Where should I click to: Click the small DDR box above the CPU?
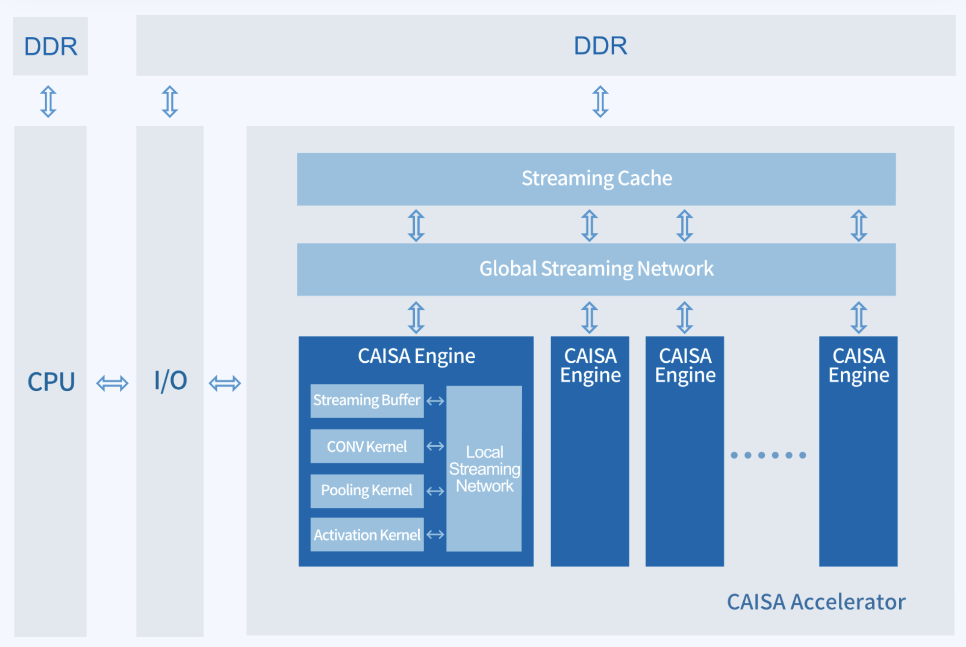pos(51,46)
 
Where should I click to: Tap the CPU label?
pos(51,382)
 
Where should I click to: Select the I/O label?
pos(170,381)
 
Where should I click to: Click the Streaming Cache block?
pos(596,179)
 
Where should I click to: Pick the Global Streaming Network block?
pos(596,269)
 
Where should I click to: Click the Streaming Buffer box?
pos(367,401)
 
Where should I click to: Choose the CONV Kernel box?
pos(367,446)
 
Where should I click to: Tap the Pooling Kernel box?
pos(367,490)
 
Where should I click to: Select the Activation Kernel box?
pos(367,535)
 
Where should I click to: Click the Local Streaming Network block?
pos(484,469)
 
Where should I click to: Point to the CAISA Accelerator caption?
pos(816,602)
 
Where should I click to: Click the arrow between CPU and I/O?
pos(112,383)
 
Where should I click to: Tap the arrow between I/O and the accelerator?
pos(225,383)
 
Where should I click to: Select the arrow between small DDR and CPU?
pos(48,102)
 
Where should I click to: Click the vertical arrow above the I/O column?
pos(170,102)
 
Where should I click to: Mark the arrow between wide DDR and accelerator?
pos(600,102)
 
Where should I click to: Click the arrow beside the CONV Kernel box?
pos(435,446)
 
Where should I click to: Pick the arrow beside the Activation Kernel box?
pos(435,535)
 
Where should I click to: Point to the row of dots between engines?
pos(768,455)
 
